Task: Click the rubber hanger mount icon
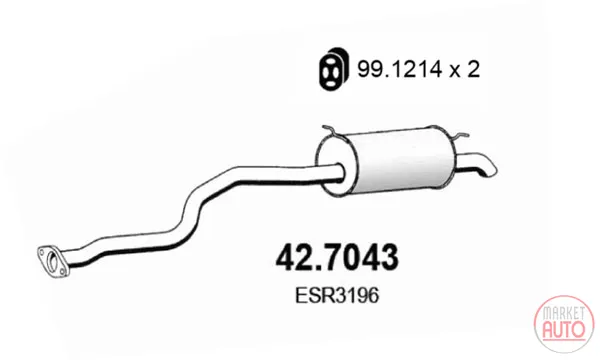(334, 69)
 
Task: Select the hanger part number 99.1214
(400, 70)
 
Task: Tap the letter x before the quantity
(455, 72)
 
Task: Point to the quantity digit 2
(473, 70)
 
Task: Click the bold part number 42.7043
(337, 257)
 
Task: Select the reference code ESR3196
(337, 295)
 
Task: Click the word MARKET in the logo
(564, 313)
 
